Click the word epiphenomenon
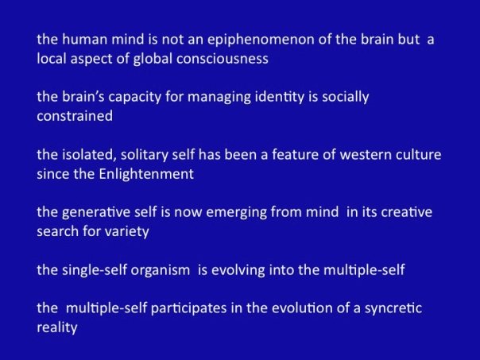coord(261,41)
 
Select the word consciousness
coord(223,59)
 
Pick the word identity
coord(279,98)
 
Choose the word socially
coord(346,98)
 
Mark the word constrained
coord(75,116)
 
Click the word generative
coord(96,213)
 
